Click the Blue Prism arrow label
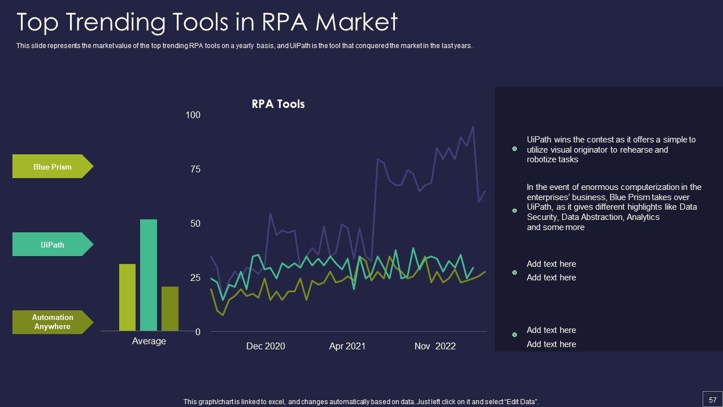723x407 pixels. click(53, 167)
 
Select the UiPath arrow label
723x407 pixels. click(53, 245)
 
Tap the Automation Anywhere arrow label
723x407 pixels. click(53, 322)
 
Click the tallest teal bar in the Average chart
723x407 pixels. click(149, 275)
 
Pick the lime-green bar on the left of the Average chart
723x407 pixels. click(128, 297)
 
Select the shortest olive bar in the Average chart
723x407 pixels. click(170, 309)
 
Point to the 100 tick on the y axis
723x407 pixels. click(193, 115)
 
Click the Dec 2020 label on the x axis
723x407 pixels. click(265, 347)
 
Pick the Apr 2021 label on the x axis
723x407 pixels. click(347, 347)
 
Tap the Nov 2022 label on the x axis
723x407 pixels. click(435, 347)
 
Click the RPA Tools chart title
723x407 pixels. click(278, 105)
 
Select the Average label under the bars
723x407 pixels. click(149, 341)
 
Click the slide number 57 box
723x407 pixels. click(712, 400)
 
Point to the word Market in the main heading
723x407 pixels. click(356, 23)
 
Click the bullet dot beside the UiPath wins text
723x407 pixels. click(515, 149)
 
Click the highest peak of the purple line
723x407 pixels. click(473, 127)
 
